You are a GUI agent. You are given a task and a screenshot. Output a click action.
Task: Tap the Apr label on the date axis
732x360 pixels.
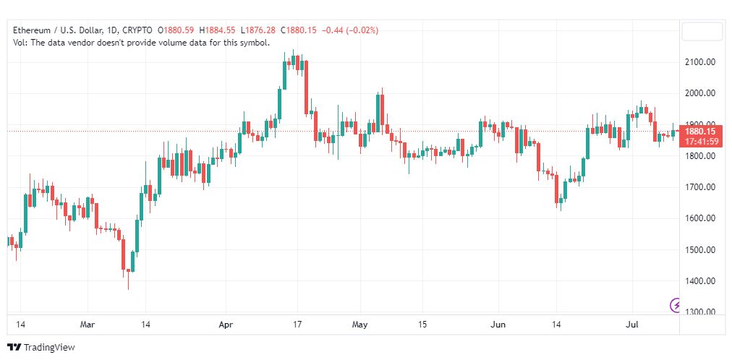point(226,324)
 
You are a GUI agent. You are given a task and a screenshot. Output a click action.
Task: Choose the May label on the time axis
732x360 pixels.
point(360,324)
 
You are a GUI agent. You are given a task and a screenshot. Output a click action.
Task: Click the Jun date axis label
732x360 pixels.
point(498,324)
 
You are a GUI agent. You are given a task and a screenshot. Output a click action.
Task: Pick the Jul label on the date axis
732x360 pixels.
point(632,324)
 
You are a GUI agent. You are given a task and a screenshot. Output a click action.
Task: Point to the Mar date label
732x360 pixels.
point(88,324)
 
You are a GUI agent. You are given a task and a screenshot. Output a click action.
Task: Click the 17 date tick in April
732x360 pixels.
point(297,324)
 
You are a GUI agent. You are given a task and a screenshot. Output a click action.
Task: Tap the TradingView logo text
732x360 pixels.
point(49,348)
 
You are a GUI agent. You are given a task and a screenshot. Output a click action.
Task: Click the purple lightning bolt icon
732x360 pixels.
point(675,305)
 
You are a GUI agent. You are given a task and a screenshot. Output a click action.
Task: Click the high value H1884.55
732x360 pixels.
point(217,30)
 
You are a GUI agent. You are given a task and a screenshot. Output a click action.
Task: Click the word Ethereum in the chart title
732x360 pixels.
point(31,30)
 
